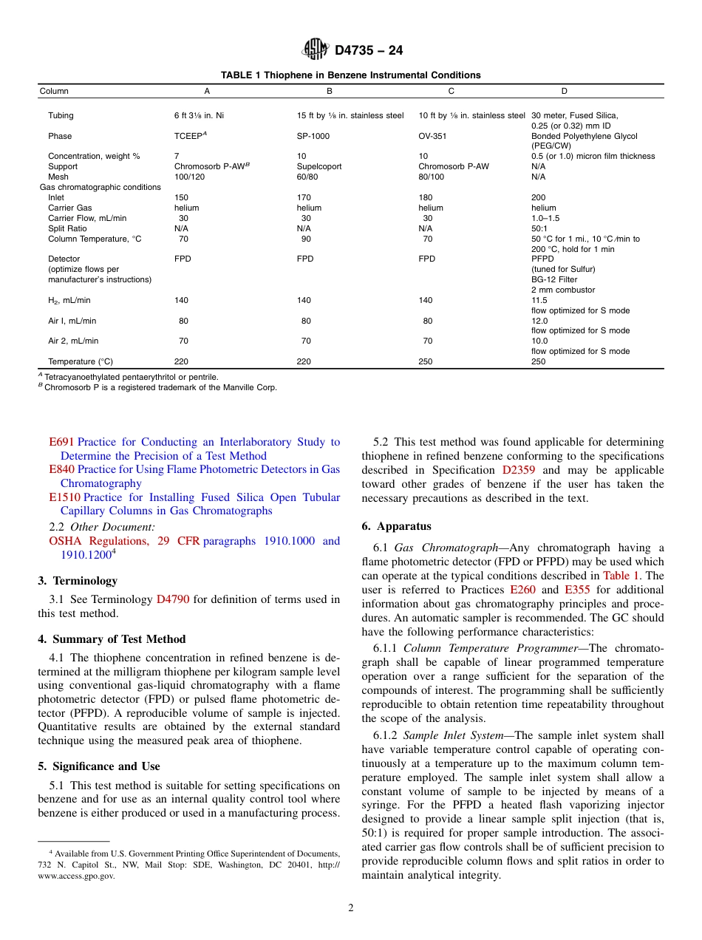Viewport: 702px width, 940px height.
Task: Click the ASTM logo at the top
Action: pyautogui.click(x=316, y=50)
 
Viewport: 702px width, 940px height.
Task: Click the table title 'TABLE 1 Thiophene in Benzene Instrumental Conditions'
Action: pyautogui.click(x=351, y=75)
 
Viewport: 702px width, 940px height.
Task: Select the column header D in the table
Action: pyautogui.click(x=564, y=92)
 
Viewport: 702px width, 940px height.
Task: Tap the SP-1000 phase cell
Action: pyautogui.click(x=313, y=137)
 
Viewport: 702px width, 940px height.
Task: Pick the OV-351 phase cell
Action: pyautogui.click(x=432, y=137)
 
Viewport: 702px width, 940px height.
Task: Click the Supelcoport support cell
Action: pyautogui.click(x=318, y=167)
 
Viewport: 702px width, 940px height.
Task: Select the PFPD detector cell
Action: pyautogui.click(x=542, y=259)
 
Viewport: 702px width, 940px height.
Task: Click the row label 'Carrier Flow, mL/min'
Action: pyautogui.click(x=86, y=219)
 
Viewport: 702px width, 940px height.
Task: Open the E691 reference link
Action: pyautogui.click(x=61, y=443)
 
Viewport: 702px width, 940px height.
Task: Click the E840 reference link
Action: pyautogui.click(x=61, y=470)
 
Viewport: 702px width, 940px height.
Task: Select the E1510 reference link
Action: pyautogui.click(x=64, y=498)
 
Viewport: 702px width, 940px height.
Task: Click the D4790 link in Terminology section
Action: pyautogui.click(x=173, y=600)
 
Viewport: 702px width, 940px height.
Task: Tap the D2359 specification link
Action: pyautogui.click(x=519, y=471)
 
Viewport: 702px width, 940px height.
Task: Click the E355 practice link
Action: pyautogui.click(x=577, y=590)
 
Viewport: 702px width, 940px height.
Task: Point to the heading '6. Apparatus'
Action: pyautogui.click(x=396, y=527)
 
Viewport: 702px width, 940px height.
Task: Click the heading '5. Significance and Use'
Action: pyautogui.click(x=99, y=767)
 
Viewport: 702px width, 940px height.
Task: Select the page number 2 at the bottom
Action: pyautogui.click(x=351, y=908)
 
